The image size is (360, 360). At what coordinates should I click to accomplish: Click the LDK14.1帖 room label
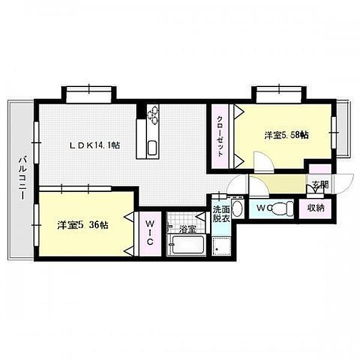95,145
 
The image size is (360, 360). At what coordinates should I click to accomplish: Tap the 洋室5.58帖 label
286,135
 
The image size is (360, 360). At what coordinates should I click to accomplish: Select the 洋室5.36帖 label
83,225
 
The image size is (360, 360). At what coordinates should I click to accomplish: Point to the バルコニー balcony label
22,179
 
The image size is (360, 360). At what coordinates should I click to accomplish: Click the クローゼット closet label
220,136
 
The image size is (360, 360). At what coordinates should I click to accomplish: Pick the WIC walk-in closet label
149,233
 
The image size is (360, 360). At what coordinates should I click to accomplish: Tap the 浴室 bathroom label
188,229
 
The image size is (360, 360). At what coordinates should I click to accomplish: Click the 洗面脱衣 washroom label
221,214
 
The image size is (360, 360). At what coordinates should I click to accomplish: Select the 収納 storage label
316,208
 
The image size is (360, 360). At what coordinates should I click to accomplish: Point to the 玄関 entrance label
321,185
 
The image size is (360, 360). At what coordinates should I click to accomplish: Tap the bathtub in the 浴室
188,245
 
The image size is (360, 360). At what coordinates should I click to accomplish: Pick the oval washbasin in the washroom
237,209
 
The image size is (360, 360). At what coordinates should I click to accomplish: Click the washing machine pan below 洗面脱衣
221,247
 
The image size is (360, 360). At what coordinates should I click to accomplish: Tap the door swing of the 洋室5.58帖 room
264,162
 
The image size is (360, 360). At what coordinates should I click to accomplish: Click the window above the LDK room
89,95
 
